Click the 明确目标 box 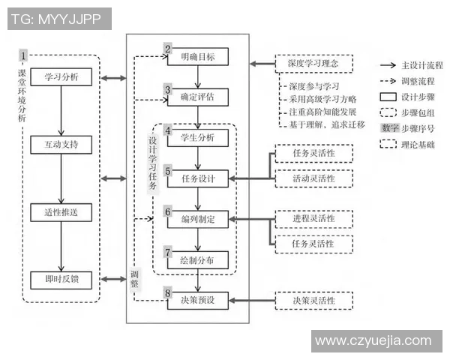click(x=196, y=57)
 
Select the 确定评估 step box click(x=196, y=97)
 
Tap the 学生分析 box click(x=196, y=138)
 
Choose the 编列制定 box click(x=196, y=220)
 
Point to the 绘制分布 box click(x=196, y=260)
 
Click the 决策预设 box click(x=196, y=301)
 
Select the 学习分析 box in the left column click(x=61, y=78)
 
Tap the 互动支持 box click(x=61, y=142)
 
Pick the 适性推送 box click(x=61, y=212)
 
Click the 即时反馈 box click(x=61, y=280)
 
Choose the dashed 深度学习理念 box click(x=313, y=64)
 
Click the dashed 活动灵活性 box click(x=313, y=179)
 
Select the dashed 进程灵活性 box click(x=313, y=219)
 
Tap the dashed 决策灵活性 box click(x=313, y=301)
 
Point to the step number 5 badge click(x=169, y=171)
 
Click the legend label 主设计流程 click(x=422, y=65)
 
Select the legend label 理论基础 click(x=422, y=143)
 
